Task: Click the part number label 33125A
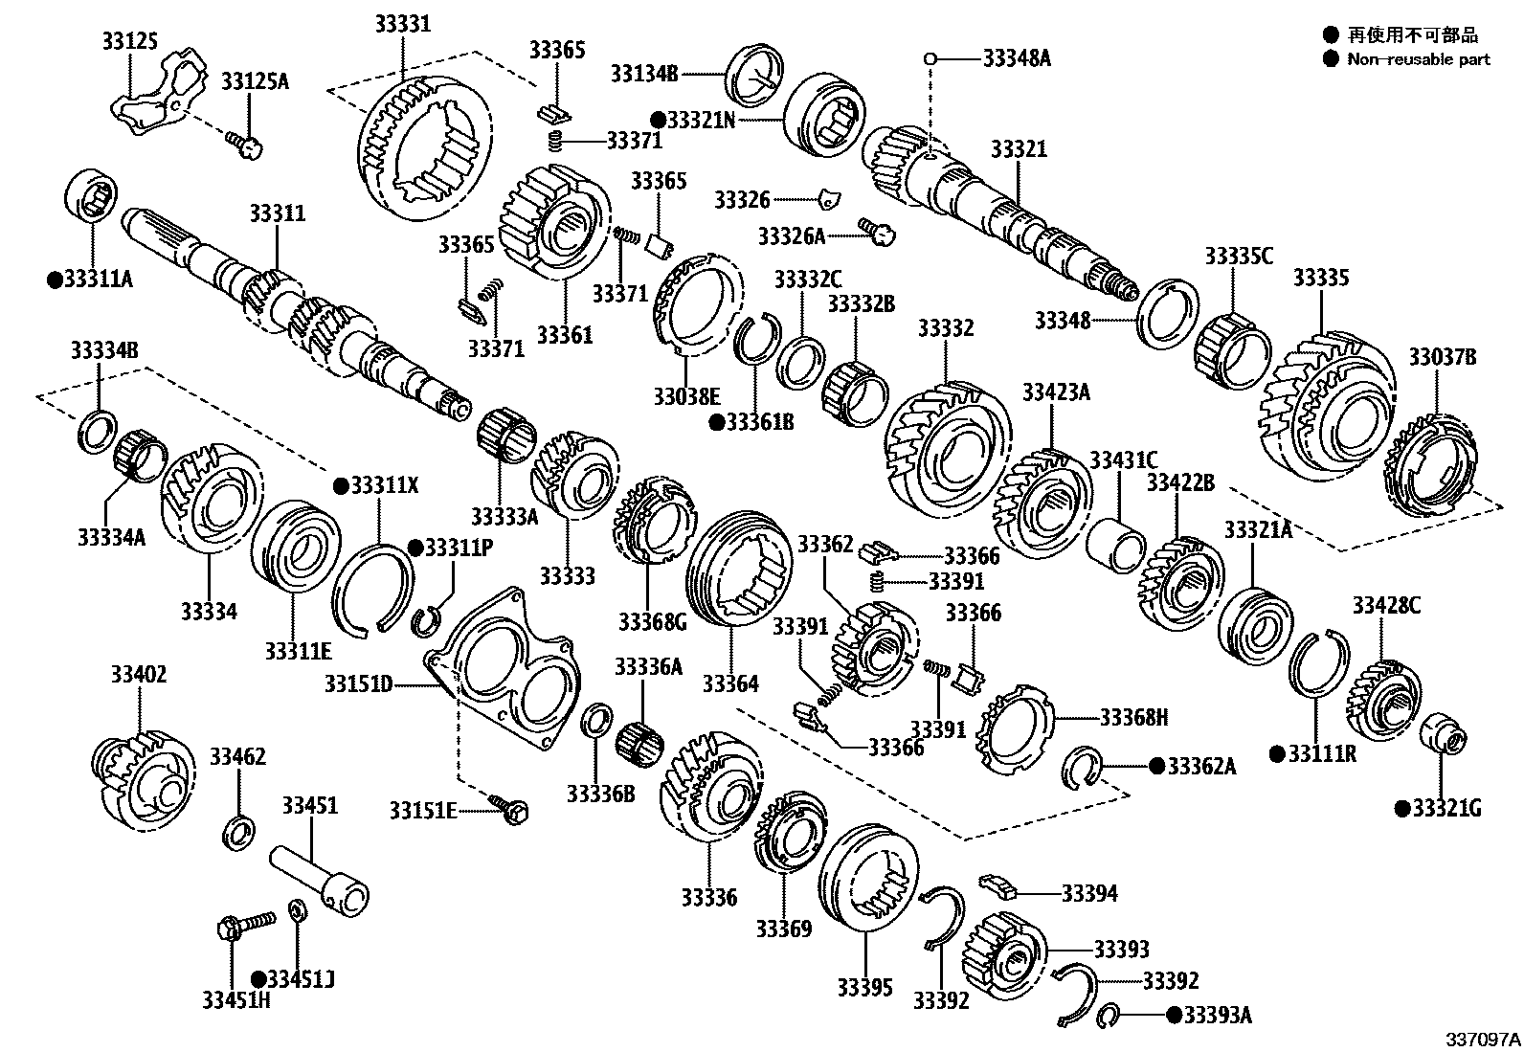[x=255, y=81]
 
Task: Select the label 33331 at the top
[x=402, y=25]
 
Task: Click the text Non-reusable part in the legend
[x=1419, y=59]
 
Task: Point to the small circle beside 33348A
[x=929, y=58]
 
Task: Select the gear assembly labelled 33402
[x=146, y=772]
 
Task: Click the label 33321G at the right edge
[x=1446, y=809]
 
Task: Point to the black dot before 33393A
[x=1174, y=1015]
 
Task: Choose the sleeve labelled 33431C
[x=1116, y=545]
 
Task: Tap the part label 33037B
[x=1442, y=358]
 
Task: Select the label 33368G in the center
[x=652, y=623]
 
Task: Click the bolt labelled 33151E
[x=513, y=811]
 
